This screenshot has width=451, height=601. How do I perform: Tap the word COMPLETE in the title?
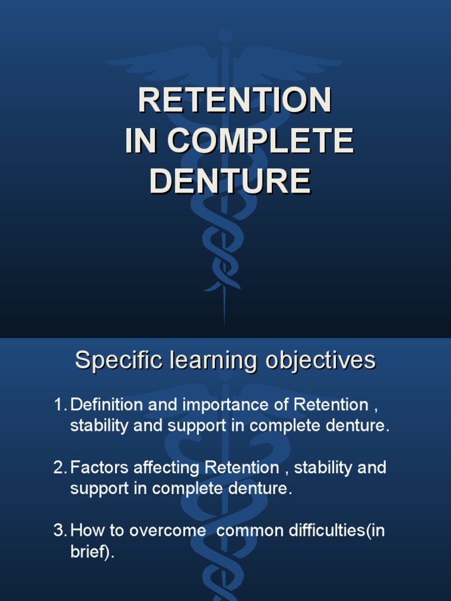click(x=260, y=141)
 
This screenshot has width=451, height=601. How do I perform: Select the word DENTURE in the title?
click(x=230, y=181)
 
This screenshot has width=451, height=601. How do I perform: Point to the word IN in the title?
click(x=141, y=141)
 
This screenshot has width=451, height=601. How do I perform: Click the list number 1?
click(x=59, y=405)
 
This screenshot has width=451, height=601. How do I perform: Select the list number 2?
click(x=59, y=468)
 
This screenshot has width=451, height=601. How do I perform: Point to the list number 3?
click(x=59, y=531)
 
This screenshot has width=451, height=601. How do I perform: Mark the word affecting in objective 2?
click(x=167, y=468)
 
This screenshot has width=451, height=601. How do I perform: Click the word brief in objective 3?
click(x=86, y=552)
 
